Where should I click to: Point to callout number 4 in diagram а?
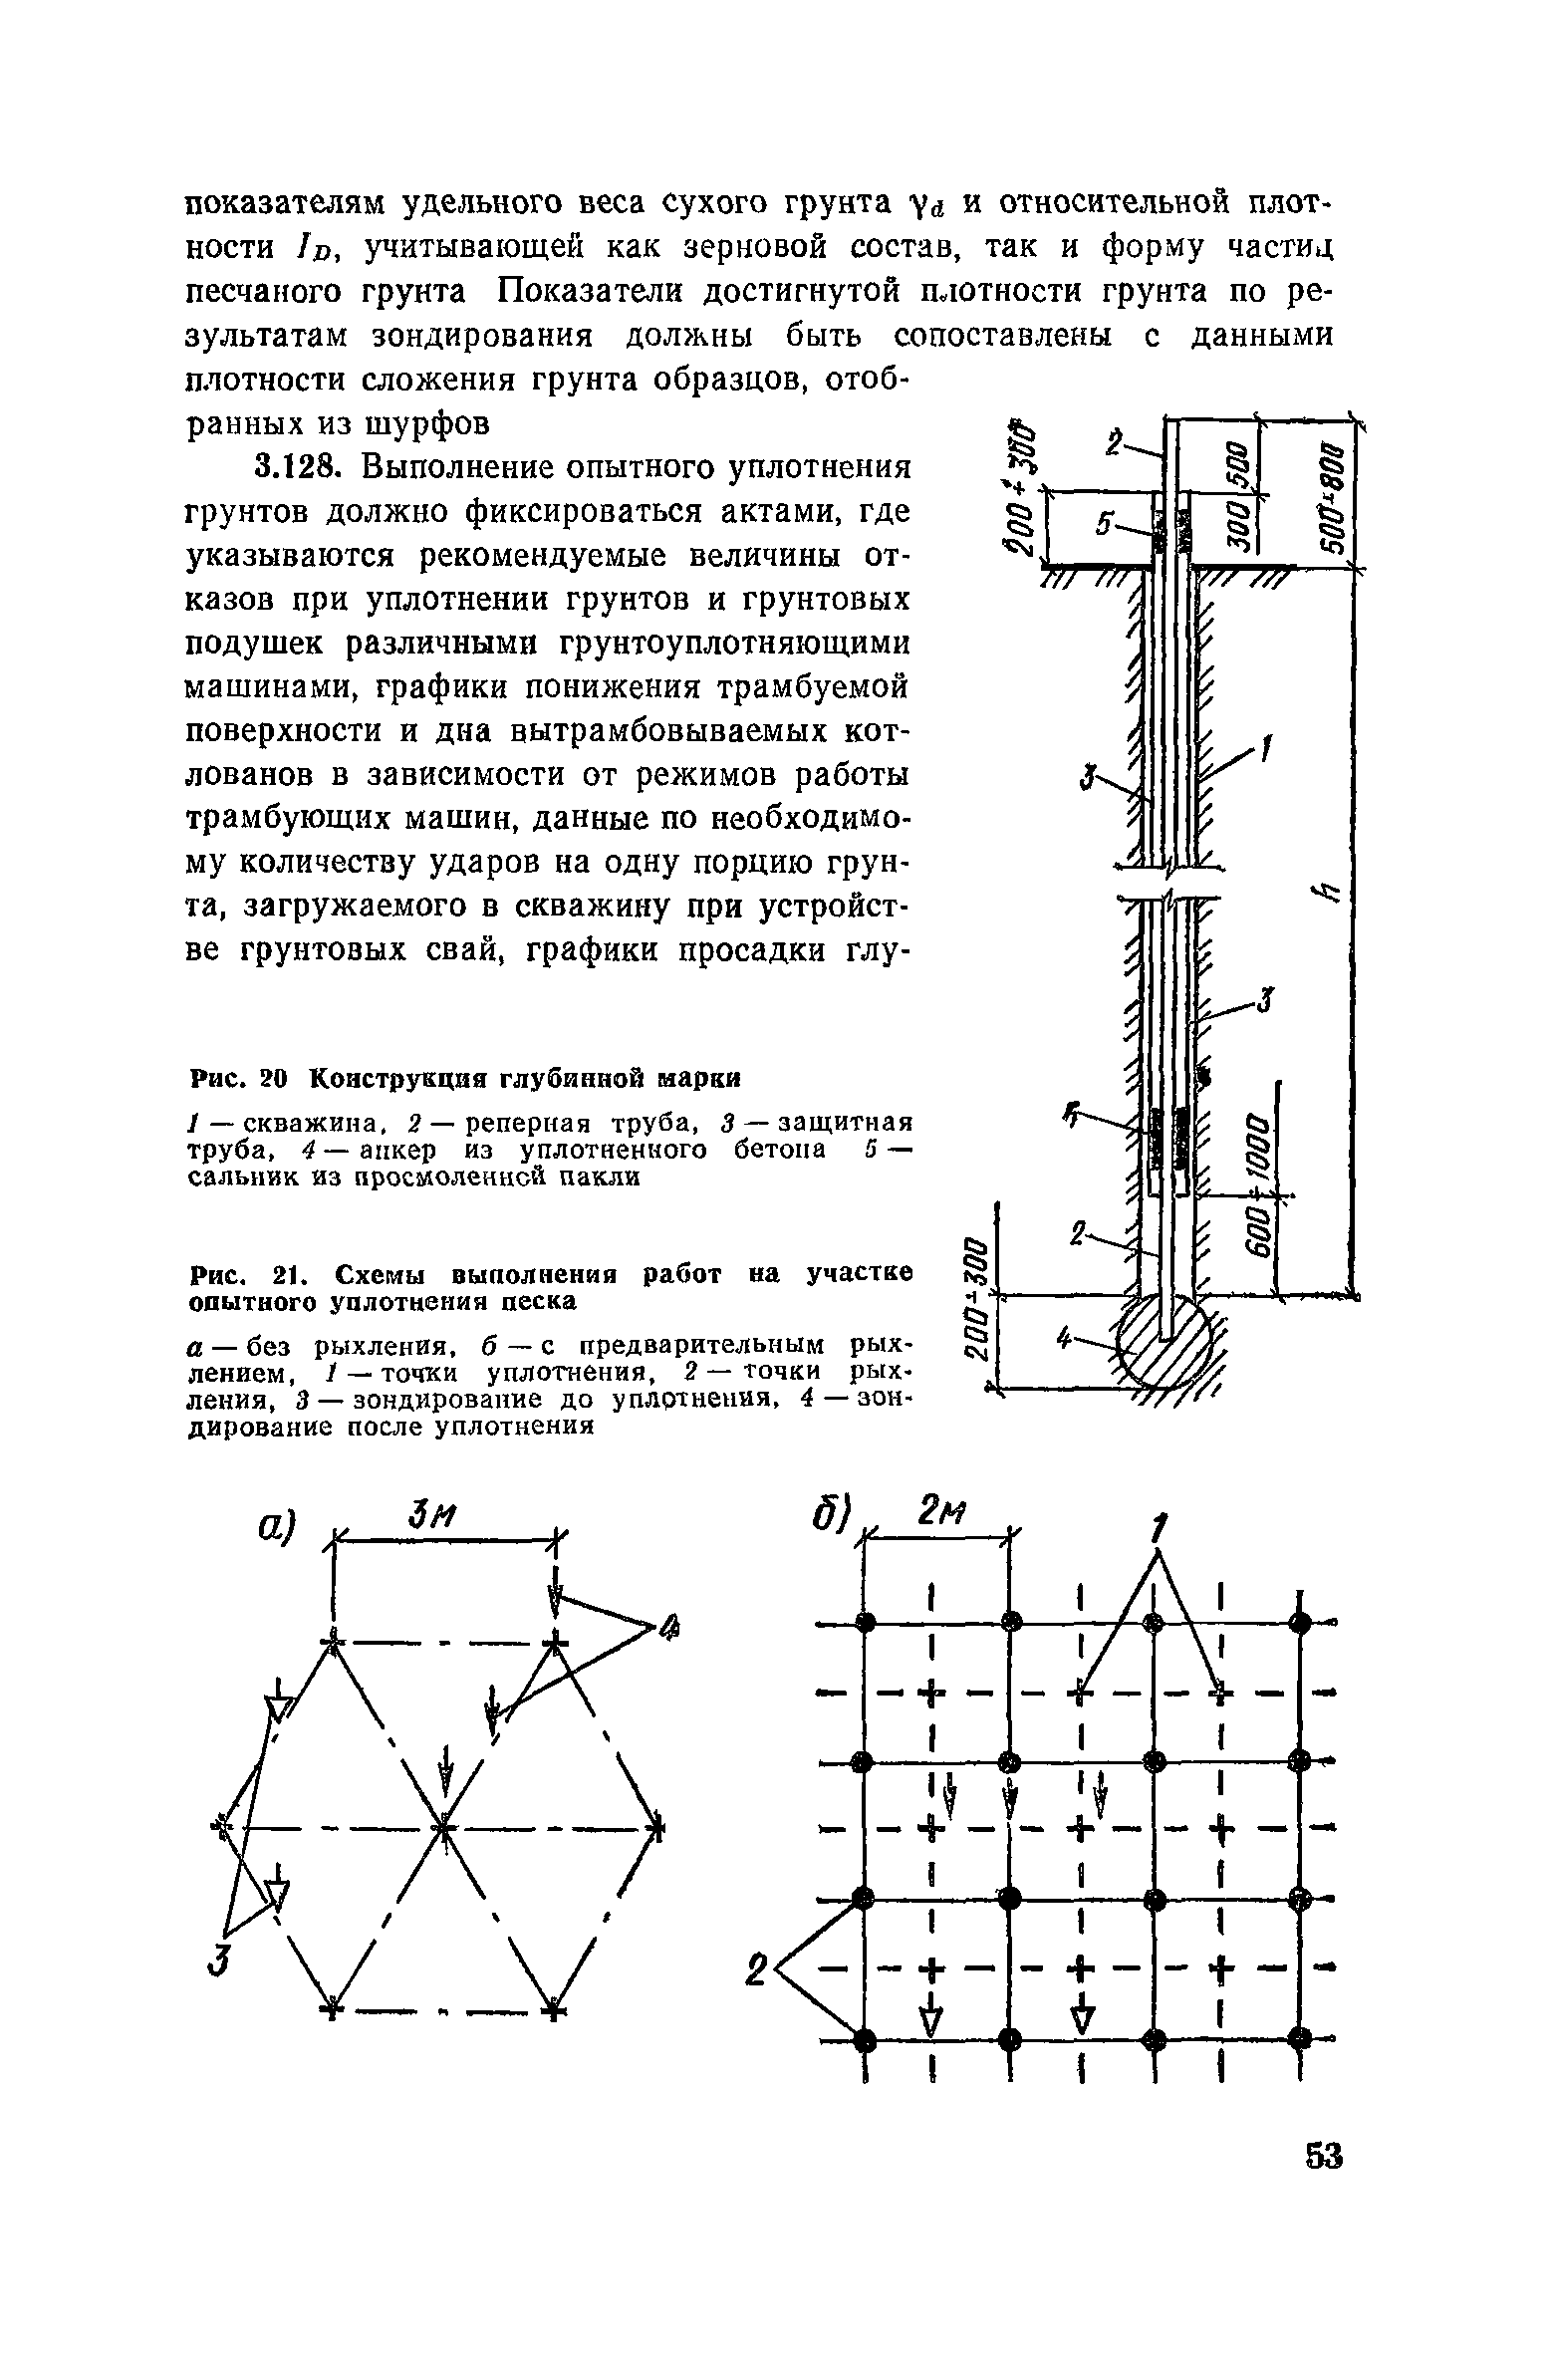(x=669, y=1631)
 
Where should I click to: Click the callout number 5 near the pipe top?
(x=1104, y=527)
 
